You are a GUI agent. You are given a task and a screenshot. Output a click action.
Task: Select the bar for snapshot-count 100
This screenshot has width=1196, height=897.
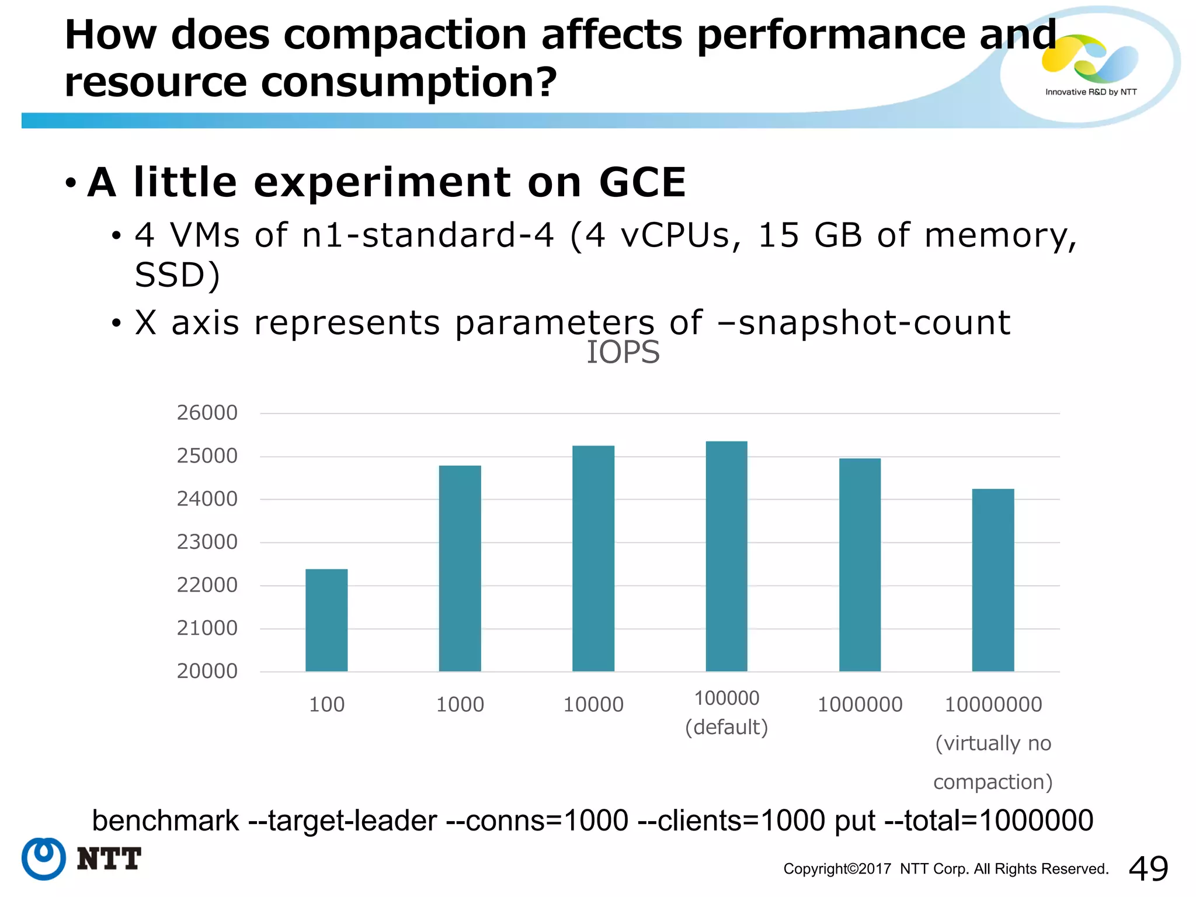pyautogui.click(x=326, y=620)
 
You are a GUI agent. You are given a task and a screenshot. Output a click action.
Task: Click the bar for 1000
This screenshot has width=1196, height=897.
pyautogui.click(x=460, y=568)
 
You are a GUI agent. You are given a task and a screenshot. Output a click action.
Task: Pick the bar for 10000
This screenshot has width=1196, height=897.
pyautogui.click(x=593, y=558)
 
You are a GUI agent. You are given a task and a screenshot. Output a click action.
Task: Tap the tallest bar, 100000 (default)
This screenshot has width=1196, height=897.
pyautogui.click(x=726, y=555)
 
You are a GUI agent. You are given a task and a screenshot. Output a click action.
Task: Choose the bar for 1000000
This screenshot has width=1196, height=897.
pyautogui.click(x=860, y=564)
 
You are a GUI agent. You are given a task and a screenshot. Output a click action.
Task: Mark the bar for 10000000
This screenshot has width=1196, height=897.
pyautogui.click(x=993, y=579)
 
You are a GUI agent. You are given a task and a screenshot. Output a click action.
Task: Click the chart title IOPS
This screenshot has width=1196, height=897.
pyautogui.click(x=623, y=353)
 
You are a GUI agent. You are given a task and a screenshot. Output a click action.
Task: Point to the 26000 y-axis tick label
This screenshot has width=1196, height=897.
pyautogui.click(x=207, y=413)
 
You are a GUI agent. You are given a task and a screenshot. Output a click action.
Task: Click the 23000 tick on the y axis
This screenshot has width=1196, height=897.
pyautogui.click(x=207, y=542)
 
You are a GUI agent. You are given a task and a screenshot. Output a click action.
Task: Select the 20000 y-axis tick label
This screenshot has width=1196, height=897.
pyautogui.click(x=207, y=671)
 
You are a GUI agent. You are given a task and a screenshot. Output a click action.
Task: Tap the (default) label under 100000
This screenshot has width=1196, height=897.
pyautogui.click(x=726, y=728)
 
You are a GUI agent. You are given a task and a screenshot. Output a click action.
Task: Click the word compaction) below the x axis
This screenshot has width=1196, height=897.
pyautogui.click(x=993, y=782)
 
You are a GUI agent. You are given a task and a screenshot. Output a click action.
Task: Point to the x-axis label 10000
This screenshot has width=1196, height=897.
pyautogui.click(x=593, y=705)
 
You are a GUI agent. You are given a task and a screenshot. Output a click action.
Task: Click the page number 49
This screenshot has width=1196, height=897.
pyautogui.click(x=1148, y=868)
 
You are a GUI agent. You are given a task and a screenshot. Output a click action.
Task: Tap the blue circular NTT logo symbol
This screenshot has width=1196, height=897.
pyautogui.click(x=44, y=858)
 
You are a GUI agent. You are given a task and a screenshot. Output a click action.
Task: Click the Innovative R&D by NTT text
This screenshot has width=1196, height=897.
pyautogui.click(x=1090, y=92)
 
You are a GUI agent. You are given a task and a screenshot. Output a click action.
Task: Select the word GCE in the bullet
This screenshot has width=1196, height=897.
pyautogui.click(x=642, y=183)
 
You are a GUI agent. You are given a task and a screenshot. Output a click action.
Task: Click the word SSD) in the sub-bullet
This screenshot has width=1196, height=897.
pyautogui.click(x=177, y=275)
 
